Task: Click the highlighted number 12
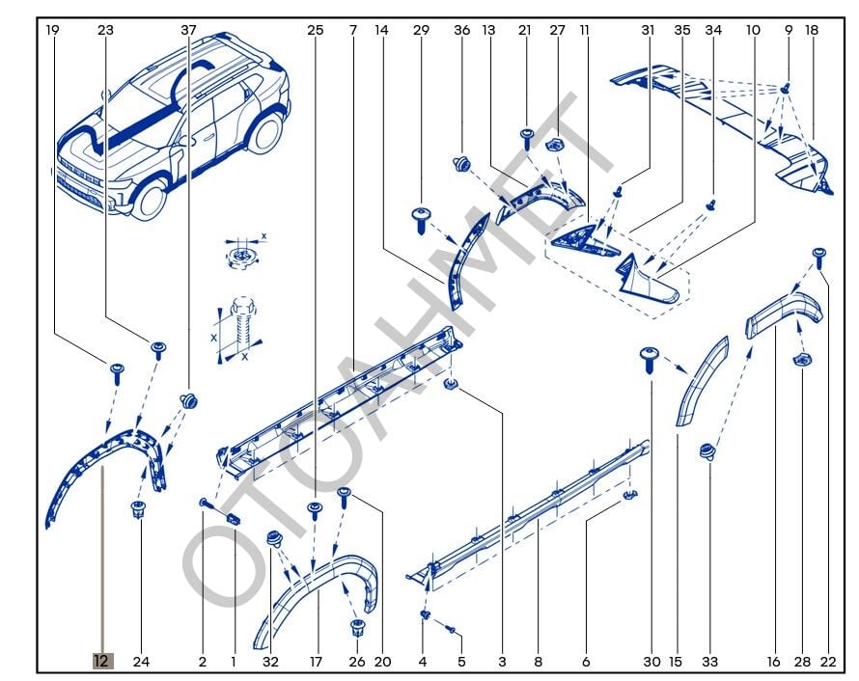tap(102, 662)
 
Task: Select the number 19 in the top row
tap(52, 30)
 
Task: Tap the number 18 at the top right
tap(812, 30)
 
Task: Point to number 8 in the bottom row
tap(539, 662)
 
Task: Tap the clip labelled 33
tap(708, 450)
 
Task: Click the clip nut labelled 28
tap(801, 360)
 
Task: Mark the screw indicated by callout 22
tap(819, 255)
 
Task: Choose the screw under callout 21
tap(527, 135)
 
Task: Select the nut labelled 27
tap(555, 146)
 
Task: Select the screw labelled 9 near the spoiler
tap(785, 88)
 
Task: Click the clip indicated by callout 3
tap(451, 387)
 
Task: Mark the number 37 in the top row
tap(188, 30)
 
